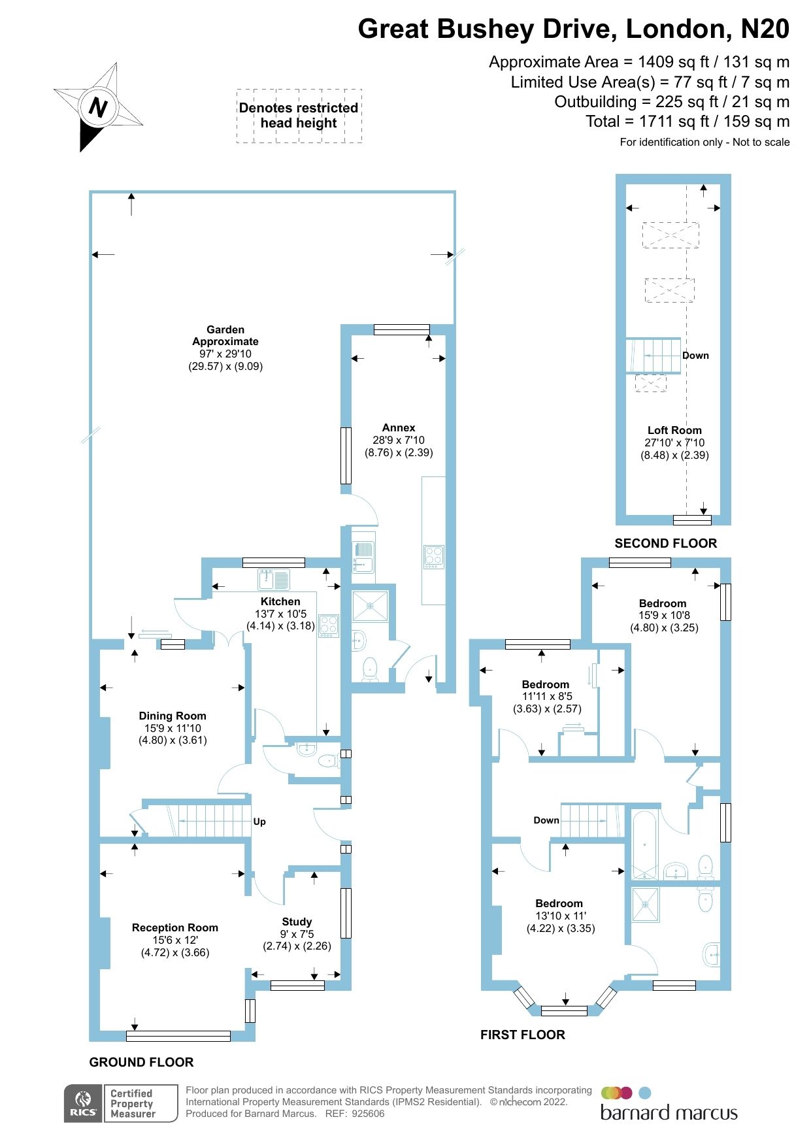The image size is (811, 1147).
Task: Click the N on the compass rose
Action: [x=98, y=107]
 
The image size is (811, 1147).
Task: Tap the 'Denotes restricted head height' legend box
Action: [x=299, y=116]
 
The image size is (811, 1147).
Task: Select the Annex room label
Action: [x=399, y=427]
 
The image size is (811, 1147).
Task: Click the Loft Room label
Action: [x=674, y=430]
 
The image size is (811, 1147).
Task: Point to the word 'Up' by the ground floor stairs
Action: [x=259, y=822]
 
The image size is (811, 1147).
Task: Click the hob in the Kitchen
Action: [x=329, y=626]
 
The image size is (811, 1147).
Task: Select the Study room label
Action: [x=297, y=922]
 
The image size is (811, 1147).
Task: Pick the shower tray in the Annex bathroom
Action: [x=371, y=606]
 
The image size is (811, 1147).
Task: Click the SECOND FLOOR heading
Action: [x=665, y=543]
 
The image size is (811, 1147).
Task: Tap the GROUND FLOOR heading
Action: [x=141, y=1062]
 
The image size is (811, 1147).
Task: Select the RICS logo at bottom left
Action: [x=84, y=1104]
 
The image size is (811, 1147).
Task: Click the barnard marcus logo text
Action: [x=669, y=1113]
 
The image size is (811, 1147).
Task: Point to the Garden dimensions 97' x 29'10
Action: [x=225, y=354]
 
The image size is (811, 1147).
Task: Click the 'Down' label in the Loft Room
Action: [x=695, y=356]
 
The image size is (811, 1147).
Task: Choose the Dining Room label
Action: [x=173, y=716]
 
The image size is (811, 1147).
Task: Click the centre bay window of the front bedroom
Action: [x=565, y=1011]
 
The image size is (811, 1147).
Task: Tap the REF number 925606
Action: [x=368, y=1114]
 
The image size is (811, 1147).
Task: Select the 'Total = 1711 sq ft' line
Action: [x=687, y=122]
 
